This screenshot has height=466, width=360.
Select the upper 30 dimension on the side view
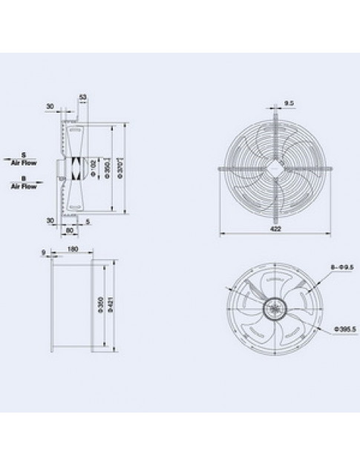(48, 106)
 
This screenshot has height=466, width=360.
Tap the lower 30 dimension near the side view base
(48, 220)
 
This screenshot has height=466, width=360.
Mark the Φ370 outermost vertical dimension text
(120, 168)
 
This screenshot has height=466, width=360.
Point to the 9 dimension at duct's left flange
(44, 254)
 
